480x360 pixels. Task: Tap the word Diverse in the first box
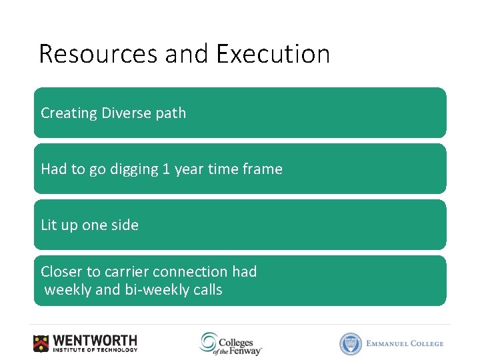point(126,113)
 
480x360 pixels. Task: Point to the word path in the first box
point(171,113)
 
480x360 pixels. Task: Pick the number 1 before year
point(165,169)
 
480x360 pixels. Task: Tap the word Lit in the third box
point(49,225)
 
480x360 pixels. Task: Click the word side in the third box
point(125,225)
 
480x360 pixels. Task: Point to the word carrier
point(127,272)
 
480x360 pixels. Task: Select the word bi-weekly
point(155,290)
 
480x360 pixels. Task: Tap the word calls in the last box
point(206,290)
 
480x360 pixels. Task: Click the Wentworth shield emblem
point(41,343)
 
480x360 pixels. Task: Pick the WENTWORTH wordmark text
point(95,340)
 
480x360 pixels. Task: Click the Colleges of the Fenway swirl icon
point(208,342)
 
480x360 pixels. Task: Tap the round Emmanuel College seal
point(350,343)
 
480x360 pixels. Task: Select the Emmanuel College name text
point(405,343)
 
